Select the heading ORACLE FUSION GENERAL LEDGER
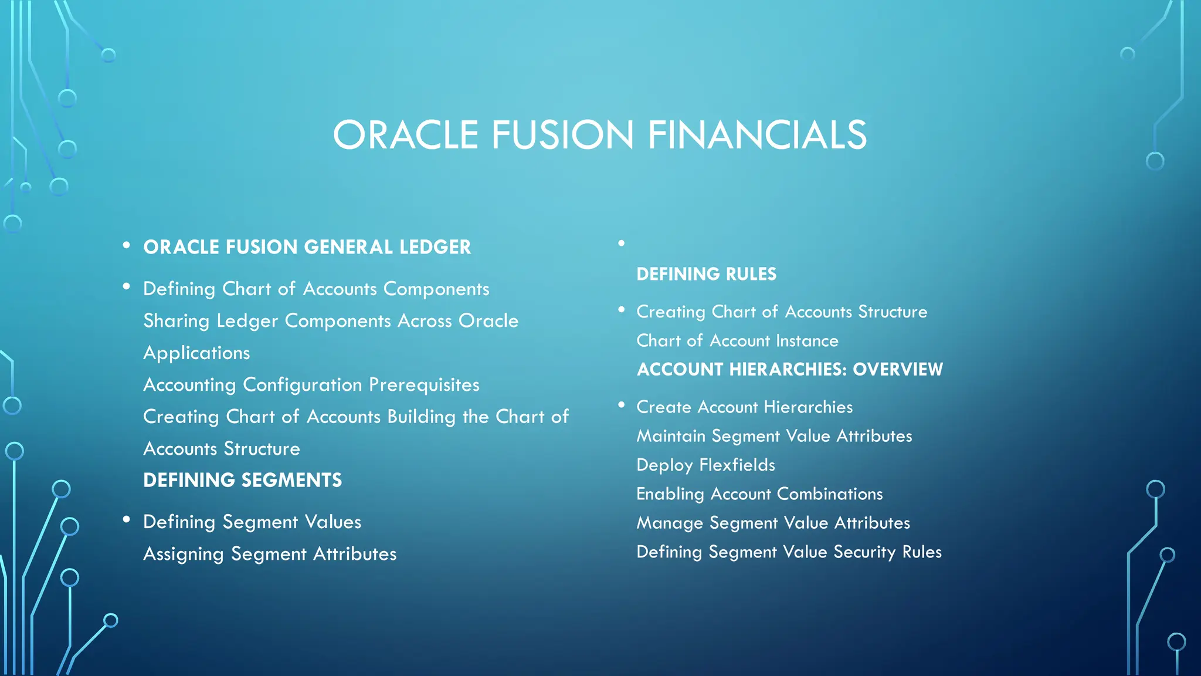point(307,247)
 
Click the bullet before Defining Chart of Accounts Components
point(126,286)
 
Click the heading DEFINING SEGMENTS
point(242,480)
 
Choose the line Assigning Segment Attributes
point(270,554)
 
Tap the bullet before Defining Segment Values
point(126,519)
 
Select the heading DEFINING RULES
point(706,274)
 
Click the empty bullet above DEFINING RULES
point(621,243)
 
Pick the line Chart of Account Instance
point(737,341)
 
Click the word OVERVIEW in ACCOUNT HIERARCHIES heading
point(897,370)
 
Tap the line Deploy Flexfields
point(705,465)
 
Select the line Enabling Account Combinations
point(759,494)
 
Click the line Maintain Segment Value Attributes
point(774,436)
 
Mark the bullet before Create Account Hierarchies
point(621,405)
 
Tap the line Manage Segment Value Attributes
point(773,523)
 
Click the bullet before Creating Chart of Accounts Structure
point(621,309)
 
